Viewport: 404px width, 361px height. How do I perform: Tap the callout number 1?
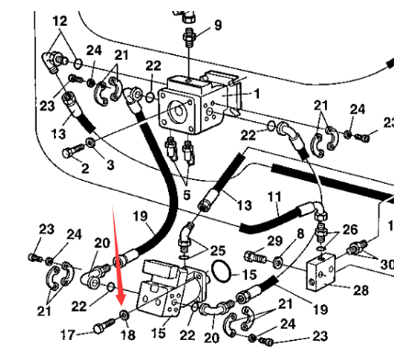point(257,93)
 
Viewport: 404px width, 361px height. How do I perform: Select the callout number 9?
point(218,24)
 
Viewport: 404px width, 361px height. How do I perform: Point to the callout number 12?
point(60,20)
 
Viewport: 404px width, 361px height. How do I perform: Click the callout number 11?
point(274,197)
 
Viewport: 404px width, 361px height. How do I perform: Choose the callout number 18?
point(128,336)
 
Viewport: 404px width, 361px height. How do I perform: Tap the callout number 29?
point(274,241)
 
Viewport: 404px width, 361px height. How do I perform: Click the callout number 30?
point(386,264)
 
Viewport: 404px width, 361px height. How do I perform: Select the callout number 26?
point(350,229)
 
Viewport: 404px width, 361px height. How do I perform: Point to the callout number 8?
point(298,235)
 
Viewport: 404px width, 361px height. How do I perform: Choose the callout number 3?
point(110,165)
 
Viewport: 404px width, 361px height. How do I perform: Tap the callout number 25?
point(217,250)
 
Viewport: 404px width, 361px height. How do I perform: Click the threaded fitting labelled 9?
point(189,36)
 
